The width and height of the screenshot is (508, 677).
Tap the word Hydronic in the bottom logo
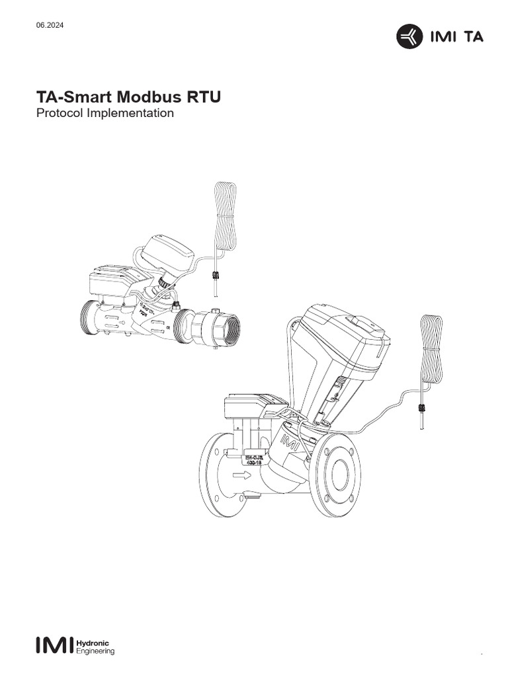coord(93,641)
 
